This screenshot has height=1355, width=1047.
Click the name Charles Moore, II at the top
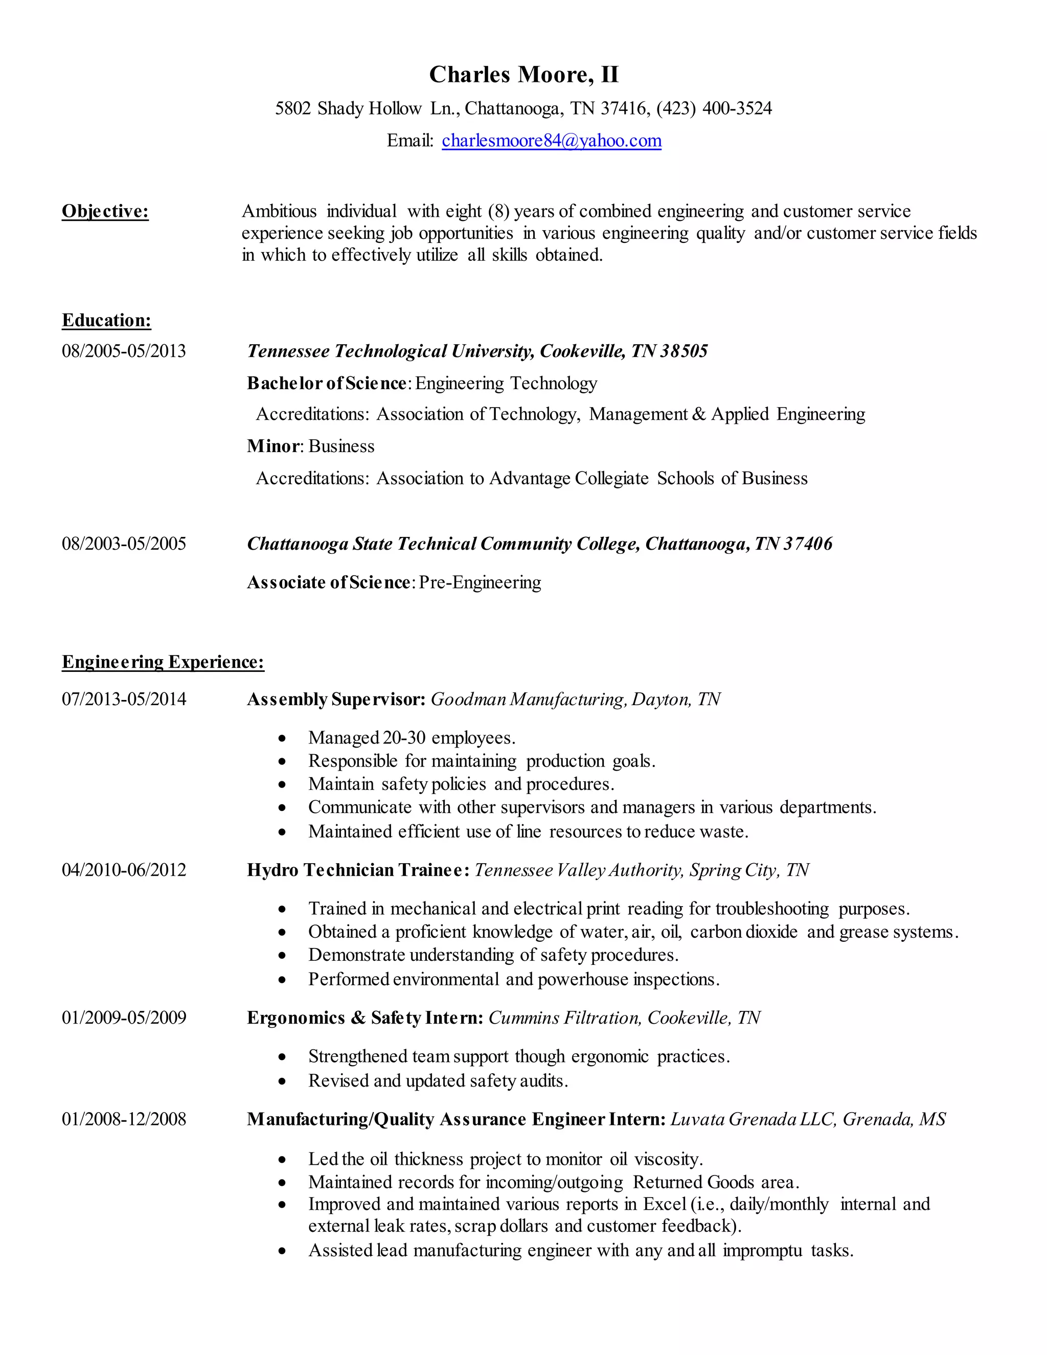[x=523, y=75]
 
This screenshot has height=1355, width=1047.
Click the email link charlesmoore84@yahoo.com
[x=552, y=141]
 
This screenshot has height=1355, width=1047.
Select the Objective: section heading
[x=105, y=212]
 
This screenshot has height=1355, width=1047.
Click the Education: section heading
[x=106, y=321]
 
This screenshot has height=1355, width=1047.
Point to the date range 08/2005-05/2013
[x=123, y=351]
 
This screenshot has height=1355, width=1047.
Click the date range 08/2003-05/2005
[x=123, y=544]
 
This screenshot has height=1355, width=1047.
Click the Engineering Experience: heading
[x=163, y=663]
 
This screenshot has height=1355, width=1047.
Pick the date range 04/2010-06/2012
[x=123, y=870]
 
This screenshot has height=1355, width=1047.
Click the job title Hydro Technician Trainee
[x=357, y=870]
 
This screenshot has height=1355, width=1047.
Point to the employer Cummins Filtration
[x=564, y=1018]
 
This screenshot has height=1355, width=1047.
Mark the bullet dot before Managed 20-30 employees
[x=282, y=738]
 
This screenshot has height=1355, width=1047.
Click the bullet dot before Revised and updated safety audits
[x=282, y=1081]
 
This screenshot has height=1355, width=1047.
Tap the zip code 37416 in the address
[x=623, y=108]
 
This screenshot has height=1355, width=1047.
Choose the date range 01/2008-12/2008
[x=123, y=1119]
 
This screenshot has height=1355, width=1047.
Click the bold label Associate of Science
[x=328, y=582]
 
